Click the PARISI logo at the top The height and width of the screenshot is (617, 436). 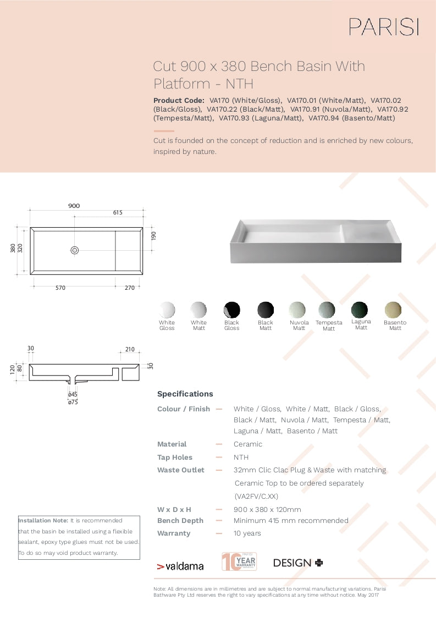tap(384, 26)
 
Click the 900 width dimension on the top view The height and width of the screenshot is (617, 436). tap(74, 206)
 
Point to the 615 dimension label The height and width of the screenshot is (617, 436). tap(118, 212)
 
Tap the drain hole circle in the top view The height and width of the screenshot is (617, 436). tap(75, 250)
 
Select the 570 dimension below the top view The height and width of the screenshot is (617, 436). tap(60, 288)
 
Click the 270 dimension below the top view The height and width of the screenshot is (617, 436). tap(129, 288)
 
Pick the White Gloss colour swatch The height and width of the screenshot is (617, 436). tap(167, 310)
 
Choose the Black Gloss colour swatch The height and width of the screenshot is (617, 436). tap(231, 310)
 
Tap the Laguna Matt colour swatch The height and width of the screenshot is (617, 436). tap(361, 309)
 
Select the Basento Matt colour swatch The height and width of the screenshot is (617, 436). tap(393, 310)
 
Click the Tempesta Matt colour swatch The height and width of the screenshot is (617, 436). tap(327, 310)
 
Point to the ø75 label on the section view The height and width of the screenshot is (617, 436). tap(73, 402)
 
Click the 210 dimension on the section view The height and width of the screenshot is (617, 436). tap(130, 349)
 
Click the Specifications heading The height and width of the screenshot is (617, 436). tap(185, 394)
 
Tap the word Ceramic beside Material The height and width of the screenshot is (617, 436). tap(248, 444)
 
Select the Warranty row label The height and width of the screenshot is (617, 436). tap(174, 533)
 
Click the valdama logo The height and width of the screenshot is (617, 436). tap(180, 566)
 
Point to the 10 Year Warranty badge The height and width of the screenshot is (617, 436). tap(239, 561)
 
